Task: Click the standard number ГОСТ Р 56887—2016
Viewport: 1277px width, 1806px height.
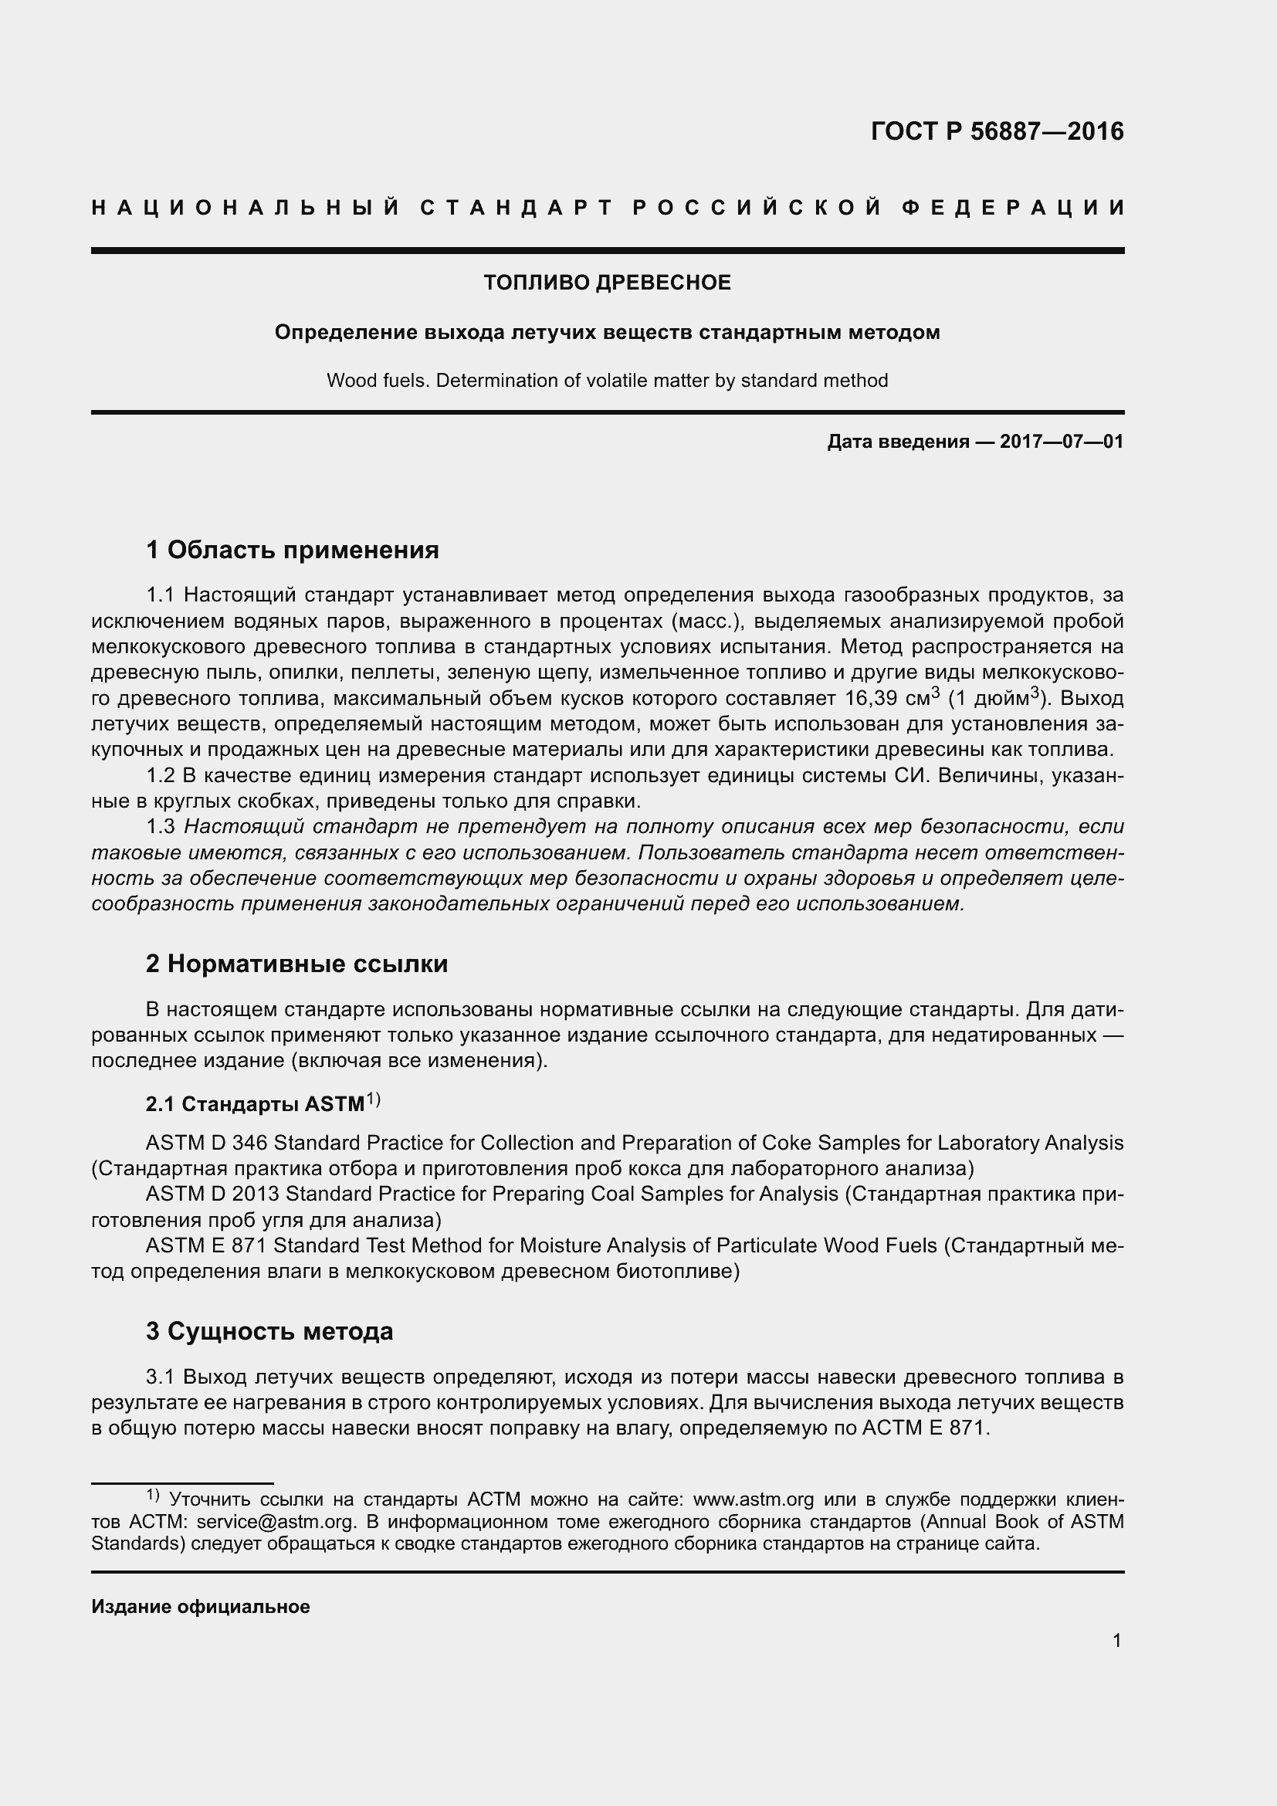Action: coord(997,131)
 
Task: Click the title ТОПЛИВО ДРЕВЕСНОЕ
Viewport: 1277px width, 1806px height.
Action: coord(607,283)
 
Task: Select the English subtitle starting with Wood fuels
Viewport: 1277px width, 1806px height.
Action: coord(607,381)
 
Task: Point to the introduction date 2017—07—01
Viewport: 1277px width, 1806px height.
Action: coord(1062,442)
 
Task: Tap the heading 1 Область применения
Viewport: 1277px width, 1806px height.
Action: coord(293,550)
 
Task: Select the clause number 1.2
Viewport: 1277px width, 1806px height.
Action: coord(161,775)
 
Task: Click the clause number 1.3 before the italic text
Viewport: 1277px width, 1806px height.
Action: coord(161,827)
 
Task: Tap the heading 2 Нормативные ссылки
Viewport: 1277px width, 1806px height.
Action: coord(296,964)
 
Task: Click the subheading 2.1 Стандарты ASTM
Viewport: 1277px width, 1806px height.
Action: coord(256,1104)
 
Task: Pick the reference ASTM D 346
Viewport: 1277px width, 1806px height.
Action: coord(206,1143)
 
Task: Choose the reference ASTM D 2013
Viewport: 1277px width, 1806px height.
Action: coord(212,1194)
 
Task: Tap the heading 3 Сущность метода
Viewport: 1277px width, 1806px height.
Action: coord(269,1332)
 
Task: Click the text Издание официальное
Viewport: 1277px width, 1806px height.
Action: coord(201,1606)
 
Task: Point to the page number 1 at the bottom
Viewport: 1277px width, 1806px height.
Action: coord(1116,1641)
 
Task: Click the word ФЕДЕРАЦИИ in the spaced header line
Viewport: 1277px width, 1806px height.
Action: coord(1013,208)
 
